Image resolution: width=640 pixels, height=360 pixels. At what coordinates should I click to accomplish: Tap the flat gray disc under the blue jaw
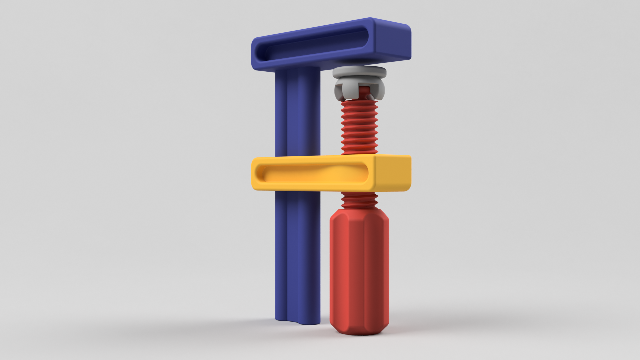click(359, 72)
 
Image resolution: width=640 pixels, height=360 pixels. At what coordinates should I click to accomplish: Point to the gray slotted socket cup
click(343, 88)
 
